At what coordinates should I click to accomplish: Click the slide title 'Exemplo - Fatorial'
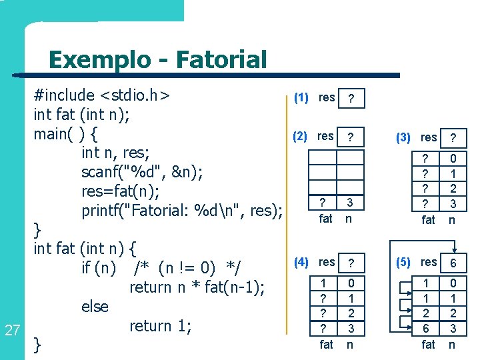point(157,60)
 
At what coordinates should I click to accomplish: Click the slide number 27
point(12,329)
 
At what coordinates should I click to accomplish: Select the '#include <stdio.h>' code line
point(102,95)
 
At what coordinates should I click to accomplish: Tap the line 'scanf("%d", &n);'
point(142,172)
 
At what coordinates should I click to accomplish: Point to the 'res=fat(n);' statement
point(120,192)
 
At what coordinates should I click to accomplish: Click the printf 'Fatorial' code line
point(182,211)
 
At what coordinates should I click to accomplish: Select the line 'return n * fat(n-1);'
point(197,287)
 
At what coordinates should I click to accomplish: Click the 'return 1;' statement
point(161,326)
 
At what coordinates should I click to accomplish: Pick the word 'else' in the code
point(95,307)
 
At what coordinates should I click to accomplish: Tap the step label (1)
point(301,98)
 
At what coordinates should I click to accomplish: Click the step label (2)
point(301,137)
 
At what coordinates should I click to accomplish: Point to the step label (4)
point(301,262)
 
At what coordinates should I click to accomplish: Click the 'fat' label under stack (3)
point(429,219)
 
